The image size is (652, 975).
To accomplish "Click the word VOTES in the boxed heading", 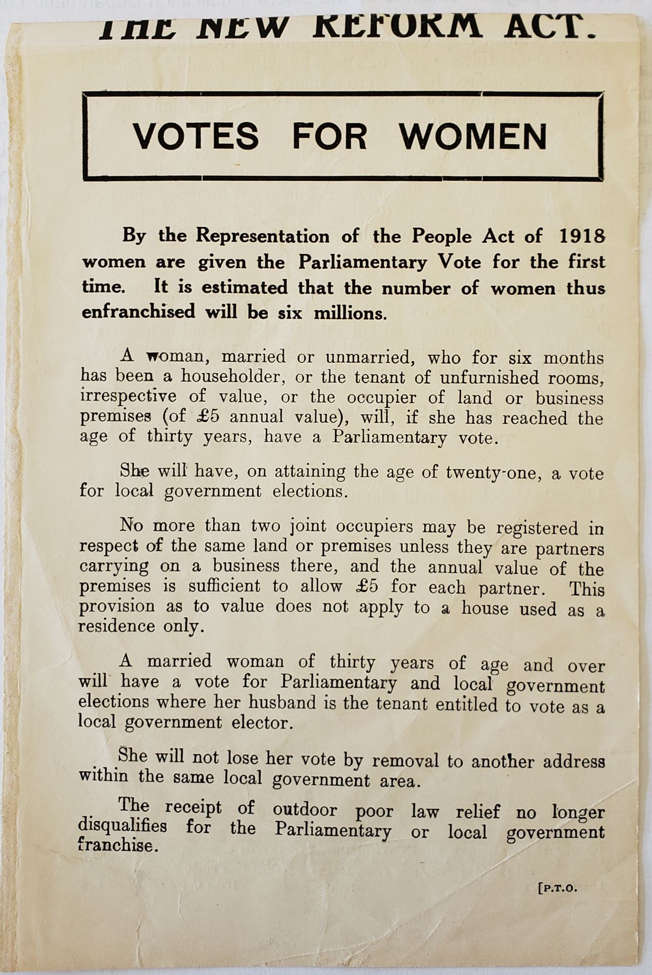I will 196,136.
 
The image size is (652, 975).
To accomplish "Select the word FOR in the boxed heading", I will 329,136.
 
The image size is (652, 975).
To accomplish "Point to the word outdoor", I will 305,810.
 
